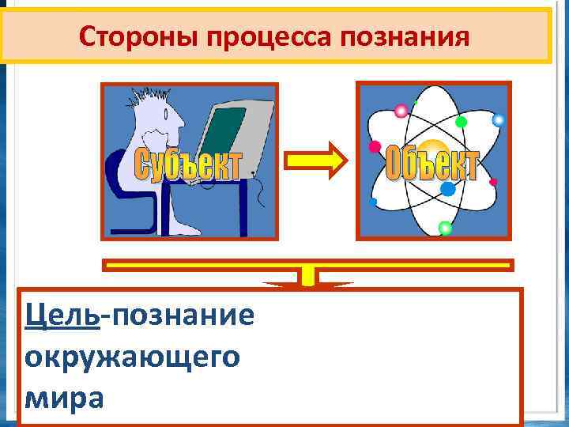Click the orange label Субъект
187,164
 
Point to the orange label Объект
432,164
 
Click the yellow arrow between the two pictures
315,161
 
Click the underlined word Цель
62,316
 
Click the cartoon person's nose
181,126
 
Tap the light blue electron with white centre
498,120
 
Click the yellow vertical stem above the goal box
309,278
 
